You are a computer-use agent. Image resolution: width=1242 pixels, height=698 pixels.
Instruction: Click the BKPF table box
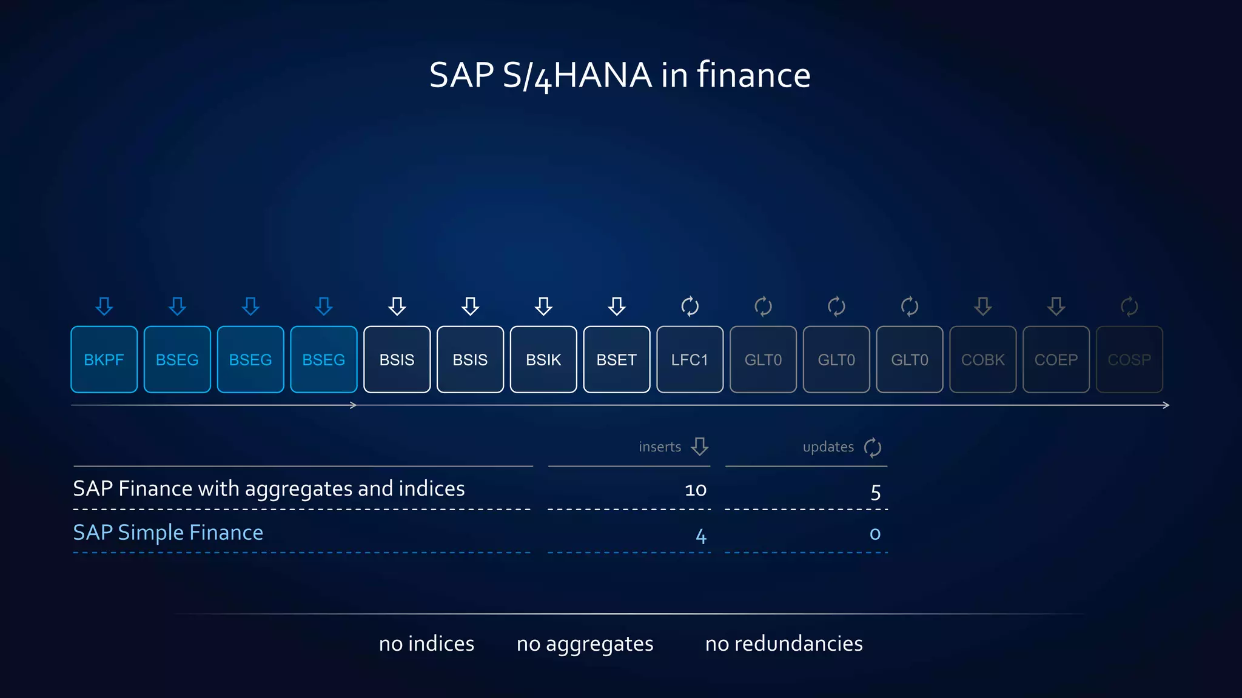[x=104, y=359]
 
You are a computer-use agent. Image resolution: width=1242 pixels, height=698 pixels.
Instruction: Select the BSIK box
[x=543, y=359]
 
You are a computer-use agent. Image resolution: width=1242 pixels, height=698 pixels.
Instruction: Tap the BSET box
[x=616, y=359]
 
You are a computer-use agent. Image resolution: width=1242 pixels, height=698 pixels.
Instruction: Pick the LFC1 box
[x=690, y=359]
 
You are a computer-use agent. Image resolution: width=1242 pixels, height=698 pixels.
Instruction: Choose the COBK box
[x=982, y=359]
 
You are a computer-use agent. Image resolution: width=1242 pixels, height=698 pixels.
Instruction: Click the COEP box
[x=1056, y=359]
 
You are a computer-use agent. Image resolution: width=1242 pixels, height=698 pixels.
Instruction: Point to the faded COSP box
[x=1129, y=359]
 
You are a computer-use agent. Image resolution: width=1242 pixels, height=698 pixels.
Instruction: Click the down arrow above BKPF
[x=104, y=306]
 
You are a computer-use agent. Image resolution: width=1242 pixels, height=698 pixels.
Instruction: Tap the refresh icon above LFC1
[x=690, y=306]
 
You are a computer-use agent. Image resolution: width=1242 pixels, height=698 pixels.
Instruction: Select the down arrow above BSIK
[x=543, y=306]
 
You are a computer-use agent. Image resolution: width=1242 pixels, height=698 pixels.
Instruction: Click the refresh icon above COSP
[x=1129, y=306]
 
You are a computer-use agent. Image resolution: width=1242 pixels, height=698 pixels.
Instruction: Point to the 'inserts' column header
[x=660, y=447]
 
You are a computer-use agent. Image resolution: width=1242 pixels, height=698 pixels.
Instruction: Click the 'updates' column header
[x=828, y=447]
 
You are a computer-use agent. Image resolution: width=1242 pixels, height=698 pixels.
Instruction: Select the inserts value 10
[x=696, y=490]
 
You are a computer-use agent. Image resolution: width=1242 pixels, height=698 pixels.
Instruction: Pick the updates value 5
[x=875, y=491]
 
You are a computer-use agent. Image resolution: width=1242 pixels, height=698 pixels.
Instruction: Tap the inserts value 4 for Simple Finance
[x=700, y=536]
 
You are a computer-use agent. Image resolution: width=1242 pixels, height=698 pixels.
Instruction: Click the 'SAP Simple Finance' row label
[x=168, y=533]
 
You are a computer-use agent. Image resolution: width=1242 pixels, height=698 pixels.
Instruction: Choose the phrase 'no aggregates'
[x=585, y=643]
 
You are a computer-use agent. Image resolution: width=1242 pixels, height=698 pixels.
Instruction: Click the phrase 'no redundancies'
[x=784, y=643]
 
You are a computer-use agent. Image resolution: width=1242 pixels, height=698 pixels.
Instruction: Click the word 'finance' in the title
[x=753, y=75]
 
